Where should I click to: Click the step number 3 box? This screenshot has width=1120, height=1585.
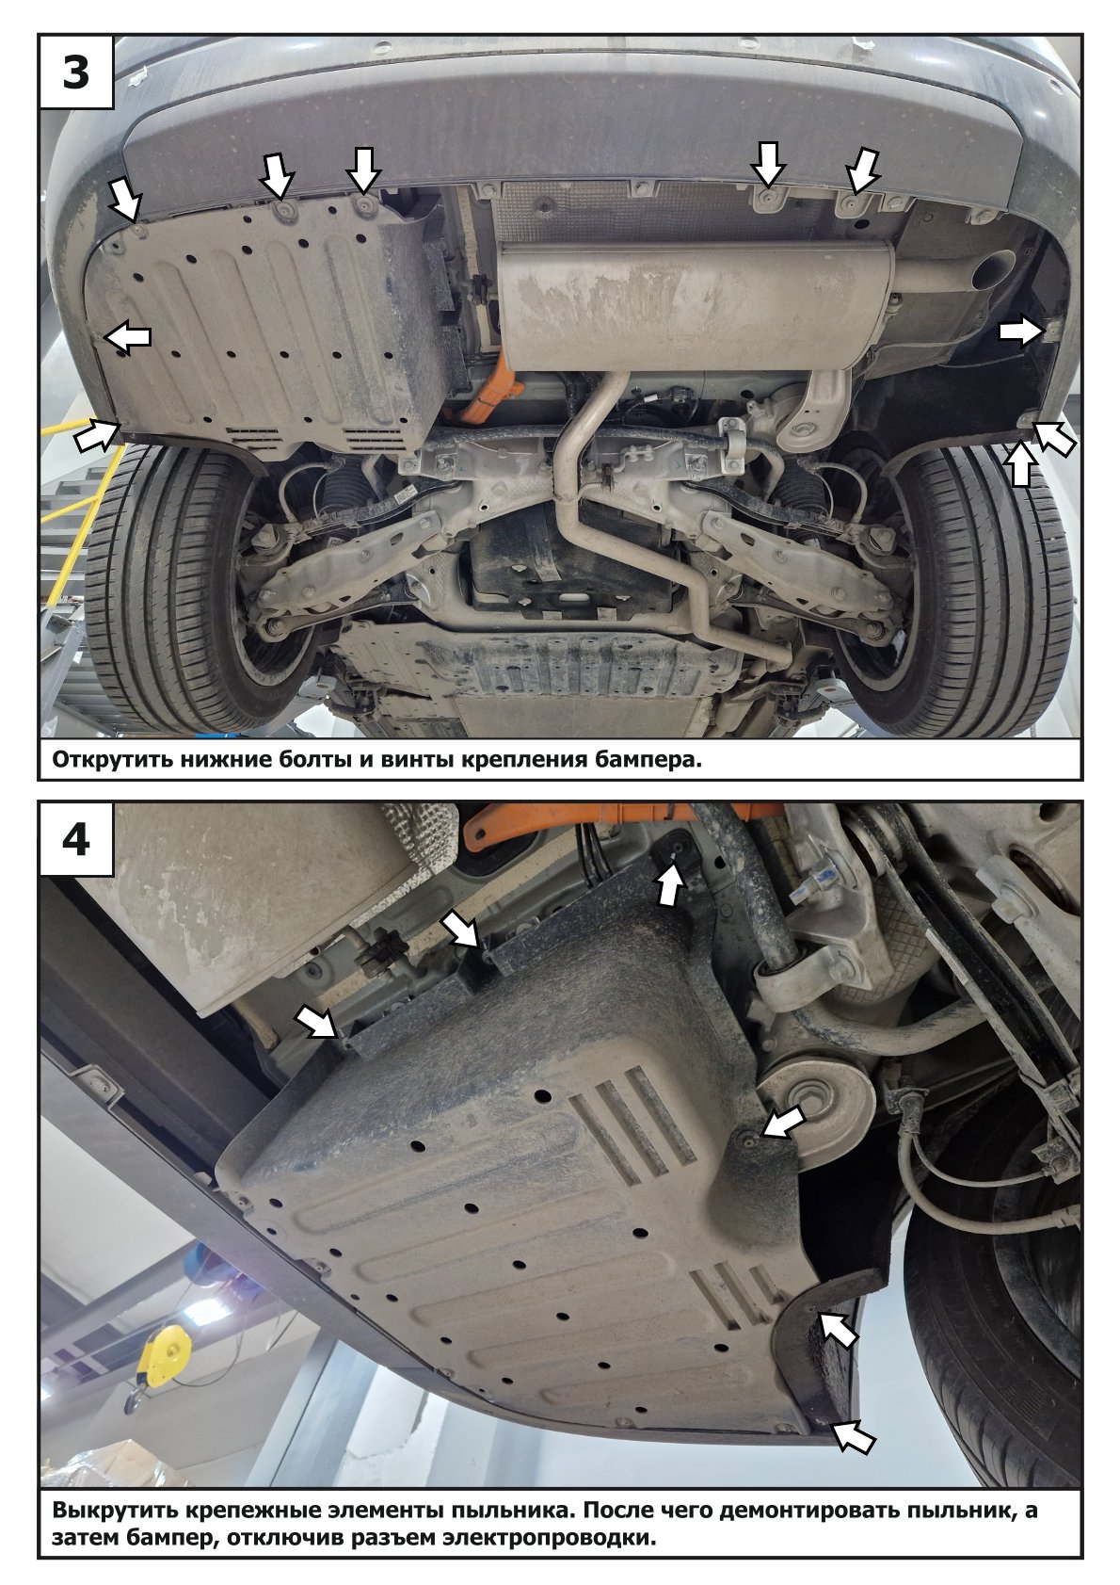coord(76,73)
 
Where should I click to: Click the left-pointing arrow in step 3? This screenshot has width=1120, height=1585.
coord(128,336)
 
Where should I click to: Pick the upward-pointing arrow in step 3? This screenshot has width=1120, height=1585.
coord(1019,462)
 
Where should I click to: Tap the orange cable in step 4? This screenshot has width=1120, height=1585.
coord(622,814)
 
